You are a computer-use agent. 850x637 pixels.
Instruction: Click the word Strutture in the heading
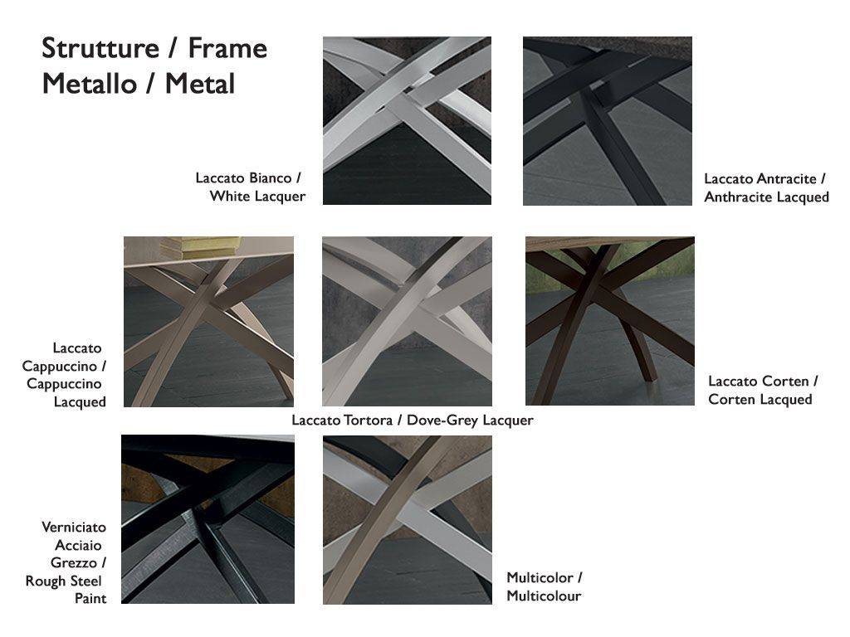pos(100,48)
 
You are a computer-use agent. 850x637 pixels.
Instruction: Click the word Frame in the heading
pos(227,48)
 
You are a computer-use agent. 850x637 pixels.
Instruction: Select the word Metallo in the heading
pos(90,84)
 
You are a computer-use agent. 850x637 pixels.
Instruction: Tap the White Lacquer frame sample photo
pos(407,121)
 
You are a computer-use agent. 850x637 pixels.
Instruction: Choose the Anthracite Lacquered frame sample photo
pos(607,121)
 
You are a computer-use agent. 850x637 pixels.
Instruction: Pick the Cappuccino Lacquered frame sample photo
pos(208,322)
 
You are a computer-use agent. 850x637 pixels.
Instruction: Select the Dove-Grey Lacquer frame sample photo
pos(407,321)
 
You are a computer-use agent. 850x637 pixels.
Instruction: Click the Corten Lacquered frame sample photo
pos(610,321)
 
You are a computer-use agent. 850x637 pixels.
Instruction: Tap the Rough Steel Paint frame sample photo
pos(208,519)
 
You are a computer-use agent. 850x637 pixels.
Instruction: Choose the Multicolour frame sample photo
pos(408,520)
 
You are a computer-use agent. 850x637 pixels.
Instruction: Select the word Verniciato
pos(74,527)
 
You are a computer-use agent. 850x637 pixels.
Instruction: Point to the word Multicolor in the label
pos(540,577)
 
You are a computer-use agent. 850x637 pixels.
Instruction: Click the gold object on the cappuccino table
pos(201,247)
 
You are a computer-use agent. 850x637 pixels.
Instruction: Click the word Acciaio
pos(78,545)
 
